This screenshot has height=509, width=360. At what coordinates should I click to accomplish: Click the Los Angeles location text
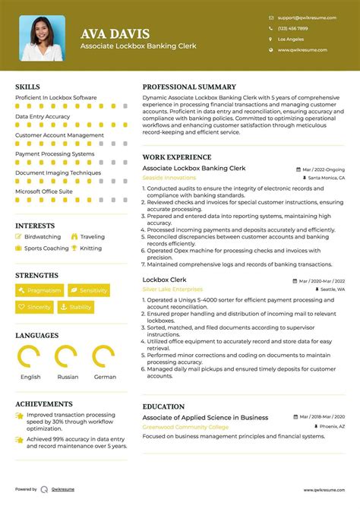[x=291, y=39]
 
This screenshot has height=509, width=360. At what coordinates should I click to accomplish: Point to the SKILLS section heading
[x=28, y=87]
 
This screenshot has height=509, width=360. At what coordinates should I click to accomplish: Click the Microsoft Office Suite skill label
[x=44, y=191]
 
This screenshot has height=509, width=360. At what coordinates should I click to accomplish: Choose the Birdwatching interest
[x=43, y=237]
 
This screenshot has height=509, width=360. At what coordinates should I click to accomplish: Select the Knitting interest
[x=90, y=248]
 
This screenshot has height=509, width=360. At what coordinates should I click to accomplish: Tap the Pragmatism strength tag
[x=39, y=290]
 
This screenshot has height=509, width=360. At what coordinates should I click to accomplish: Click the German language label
[x=105, y=377]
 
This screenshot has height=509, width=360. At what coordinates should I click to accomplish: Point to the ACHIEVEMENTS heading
[x=43, y=404]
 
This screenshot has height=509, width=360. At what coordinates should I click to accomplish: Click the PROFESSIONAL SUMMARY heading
[x=189, y=87]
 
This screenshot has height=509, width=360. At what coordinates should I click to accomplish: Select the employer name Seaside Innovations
[x=169, y=178]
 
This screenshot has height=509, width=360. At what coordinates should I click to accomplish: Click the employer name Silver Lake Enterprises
[x=172, y=289]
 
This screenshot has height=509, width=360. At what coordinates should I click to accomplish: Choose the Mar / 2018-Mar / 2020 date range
[x=319, y=418]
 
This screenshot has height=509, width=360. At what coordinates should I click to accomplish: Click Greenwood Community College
[x=184, y=427]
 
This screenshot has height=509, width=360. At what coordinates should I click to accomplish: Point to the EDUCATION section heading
[x=163, y=406]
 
